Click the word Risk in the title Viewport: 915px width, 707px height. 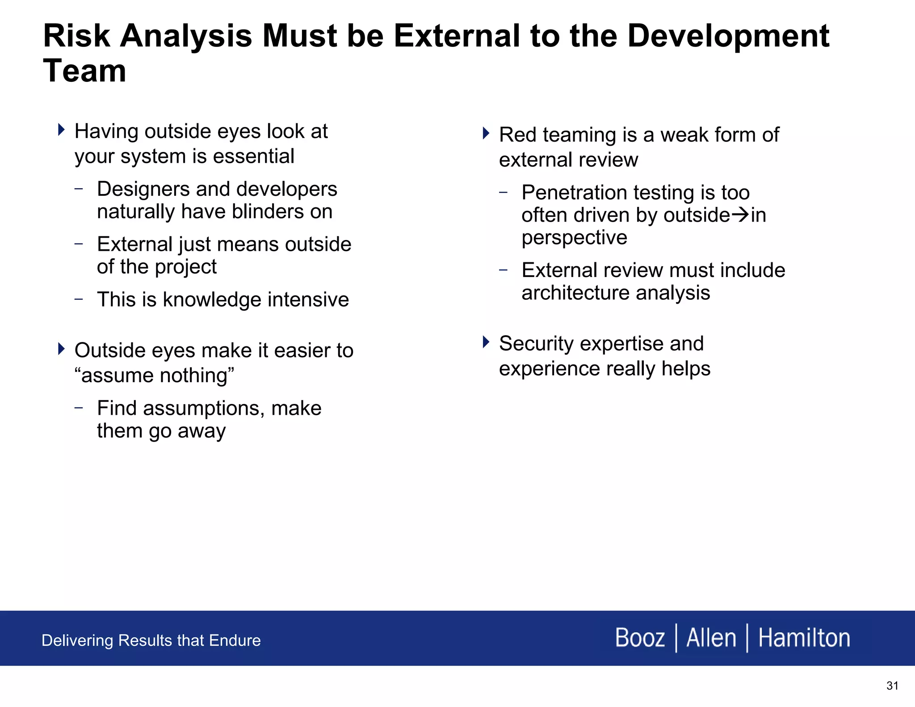[76, 36]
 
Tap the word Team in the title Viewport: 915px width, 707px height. [84, 72]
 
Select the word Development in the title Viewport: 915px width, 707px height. [728, 36]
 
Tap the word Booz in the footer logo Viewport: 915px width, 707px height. [640, 638]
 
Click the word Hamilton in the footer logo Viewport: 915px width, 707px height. [804, 638]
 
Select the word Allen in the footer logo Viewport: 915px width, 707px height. [711, 638]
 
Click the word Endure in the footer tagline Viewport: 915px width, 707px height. [235, 641]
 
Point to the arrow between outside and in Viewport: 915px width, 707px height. [740, 215]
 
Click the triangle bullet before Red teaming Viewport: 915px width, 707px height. [486, 133]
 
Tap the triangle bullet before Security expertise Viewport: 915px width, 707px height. [486, 342]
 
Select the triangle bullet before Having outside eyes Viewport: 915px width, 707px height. [61, 130]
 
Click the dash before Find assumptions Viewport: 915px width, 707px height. [79, 408]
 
